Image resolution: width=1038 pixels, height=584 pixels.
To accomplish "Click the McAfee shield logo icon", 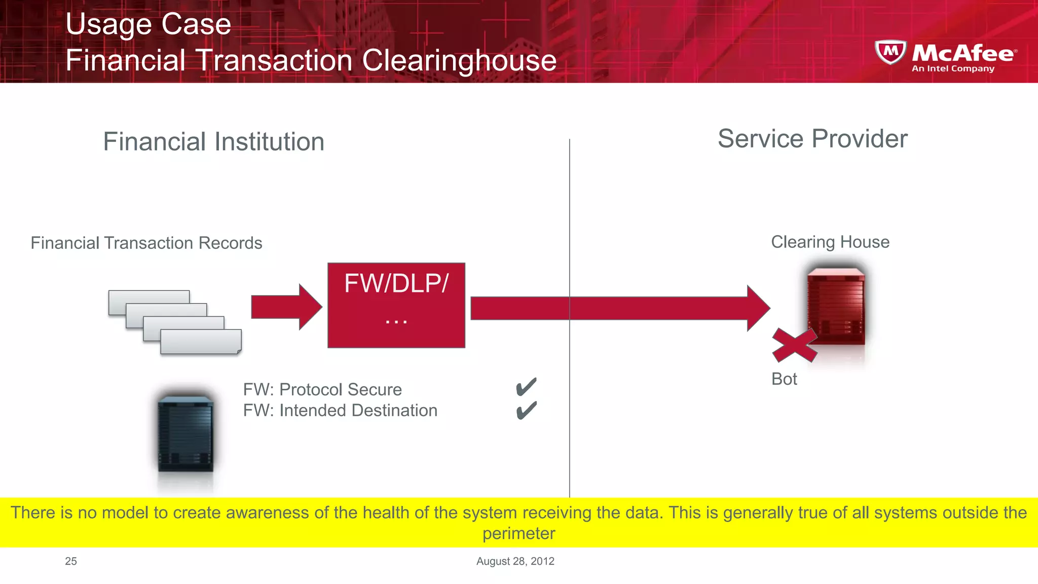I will (x=891, y=52).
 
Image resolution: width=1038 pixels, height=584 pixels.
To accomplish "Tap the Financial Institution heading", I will (x=213, y=141).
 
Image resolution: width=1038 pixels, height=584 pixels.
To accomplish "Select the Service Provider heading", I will (x=812, y=139).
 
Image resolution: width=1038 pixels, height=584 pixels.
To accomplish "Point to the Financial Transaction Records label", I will (x=146, y=243).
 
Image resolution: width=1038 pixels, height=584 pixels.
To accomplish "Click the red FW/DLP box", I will (x=396, y=305).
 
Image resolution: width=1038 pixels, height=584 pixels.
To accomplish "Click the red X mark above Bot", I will (x=794, y=345).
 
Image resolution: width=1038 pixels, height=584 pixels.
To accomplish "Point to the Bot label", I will (x=784, y=379).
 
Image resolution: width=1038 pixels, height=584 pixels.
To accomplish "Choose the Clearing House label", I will (x=830, y=242).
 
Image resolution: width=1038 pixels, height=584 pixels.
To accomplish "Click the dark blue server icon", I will (x=186, y=434).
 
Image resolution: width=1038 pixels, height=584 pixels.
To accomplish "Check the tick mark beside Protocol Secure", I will (x=526, y=387).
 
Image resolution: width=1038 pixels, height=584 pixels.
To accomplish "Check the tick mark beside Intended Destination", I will (x=526, y=410).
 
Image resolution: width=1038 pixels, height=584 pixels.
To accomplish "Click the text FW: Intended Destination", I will (x=340, y=410).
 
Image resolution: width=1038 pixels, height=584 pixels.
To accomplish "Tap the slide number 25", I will (x=71, y=561).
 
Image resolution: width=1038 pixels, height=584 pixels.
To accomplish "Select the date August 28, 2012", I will (x=515, y=561).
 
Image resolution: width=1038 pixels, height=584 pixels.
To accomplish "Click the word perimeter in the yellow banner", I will (x=518, y=534).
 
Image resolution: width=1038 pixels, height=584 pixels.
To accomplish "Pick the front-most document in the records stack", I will (x=201, y=342).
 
